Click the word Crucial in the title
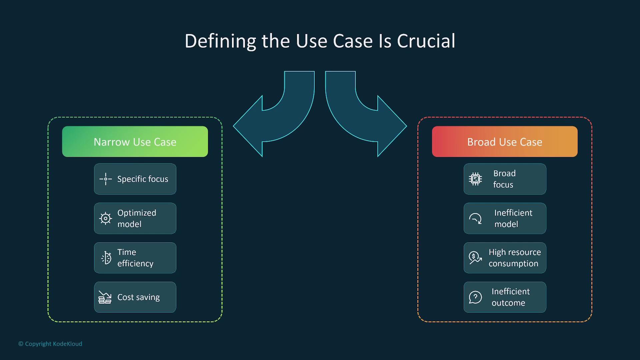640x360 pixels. tap(426, 41)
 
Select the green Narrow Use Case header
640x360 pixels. tap(135, 142)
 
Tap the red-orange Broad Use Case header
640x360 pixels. tap(505, 142)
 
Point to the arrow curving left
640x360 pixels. tap(274, 114)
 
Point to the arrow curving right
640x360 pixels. tap(366, 114)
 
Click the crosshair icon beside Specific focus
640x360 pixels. tap(106, 179)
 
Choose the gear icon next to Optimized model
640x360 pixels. tap(106, 218)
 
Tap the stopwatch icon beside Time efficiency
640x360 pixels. tap(106, 258)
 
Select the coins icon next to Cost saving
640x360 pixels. tap(105, 297)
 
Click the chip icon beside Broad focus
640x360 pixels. tap(475, 179)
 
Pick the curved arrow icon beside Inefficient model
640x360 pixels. tap(475, 219)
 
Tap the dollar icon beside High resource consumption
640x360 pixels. tap(475, 258)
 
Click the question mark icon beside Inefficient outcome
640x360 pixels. tap(475, 297)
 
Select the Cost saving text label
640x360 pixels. tap(138, 297)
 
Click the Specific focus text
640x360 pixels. tap(143, 179)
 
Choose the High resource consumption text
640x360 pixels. tap(515, 258)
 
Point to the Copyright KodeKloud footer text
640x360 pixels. tap(50, 344)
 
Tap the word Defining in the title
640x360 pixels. tap(220, 41)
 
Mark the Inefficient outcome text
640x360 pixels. tap(510, 297)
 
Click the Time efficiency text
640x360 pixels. tap(135, 258)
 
